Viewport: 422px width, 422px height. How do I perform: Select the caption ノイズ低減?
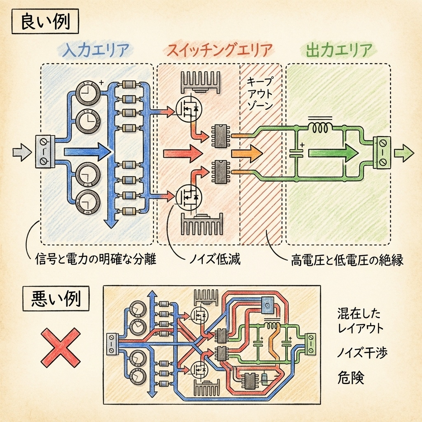click(x=214, y=260)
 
